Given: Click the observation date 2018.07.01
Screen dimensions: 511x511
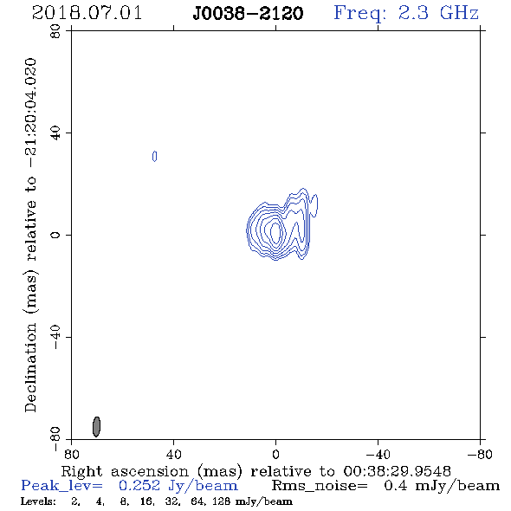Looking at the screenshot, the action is [x=87, y=13].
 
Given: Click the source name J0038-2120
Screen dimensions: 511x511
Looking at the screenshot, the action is [x=248, y=14].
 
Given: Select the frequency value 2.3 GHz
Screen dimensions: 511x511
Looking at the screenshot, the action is [x=438, y=13].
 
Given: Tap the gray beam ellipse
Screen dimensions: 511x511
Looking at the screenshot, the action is [x=96, y=427].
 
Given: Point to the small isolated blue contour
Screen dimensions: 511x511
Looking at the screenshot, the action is [x=154, y=157].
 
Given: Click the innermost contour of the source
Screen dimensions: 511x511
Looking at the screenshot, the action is [x=276, y=232].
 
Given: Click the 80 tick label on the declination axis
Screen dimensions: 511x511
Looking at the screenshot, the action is [x=55, y=31].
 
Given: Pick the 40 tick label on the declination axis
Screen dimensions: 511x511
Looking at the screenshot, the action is [x=55, y=133].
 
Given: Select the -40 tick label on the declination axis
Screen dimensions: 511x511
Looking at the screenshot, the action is [x=55, y=337].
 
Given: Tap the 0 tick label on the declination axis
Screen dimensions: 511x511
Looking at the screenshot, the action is [x=55, y=235].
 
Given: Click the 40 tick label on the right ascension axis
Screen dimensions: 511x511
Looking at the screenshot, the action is [x=173, y=454].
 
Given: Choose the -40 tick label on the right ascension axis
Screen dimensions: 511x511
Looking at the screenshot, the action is [x=378, y=454].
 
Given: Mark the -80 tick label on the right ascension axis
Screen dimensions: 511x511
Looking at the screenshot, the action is [x=480, y=454].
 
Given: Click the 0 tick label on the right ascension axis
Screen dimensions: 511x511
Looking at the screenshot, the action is [x=275, y=454].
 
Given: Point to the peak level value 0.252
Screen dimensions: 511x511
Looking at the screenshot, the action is [x=139, y=486].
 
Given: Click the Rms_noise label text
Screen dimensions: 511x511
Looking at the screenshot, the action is [x=320, y=486].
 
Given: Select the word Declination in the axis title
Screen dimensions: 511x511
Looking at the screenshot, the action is [x=30, y=367].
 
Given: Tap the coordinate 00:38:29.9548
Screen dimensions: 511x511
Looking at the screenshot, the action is [x=397, y=471].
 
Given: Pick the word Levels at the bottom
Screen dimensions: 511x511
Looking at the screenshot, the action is [x=38, y=501].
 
